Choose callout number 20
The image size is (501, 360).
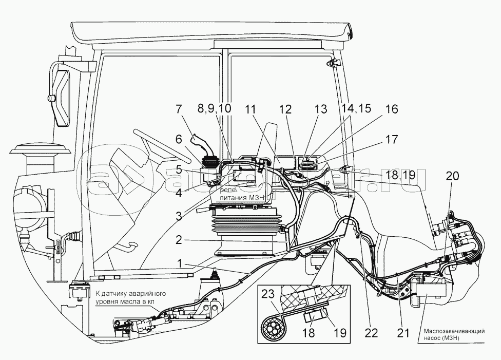tap(453, 175)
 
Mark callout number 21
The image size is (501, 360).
tap(403, 332)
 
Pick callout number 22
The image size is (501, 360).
tap(371, 332)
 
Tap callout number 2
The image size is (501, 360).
tap(178, 240)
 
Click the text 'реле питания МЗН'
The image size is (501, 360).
tap(240, 193)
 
